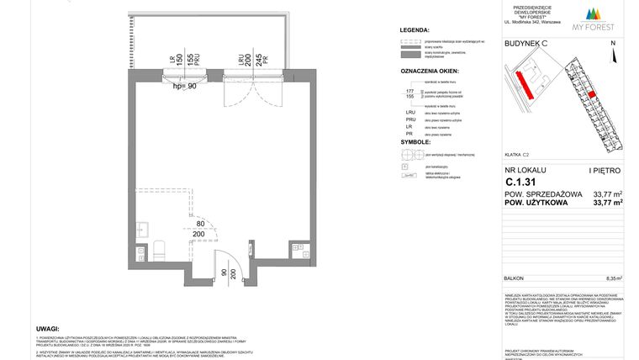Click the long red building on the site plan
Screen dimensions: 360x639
[524, 82]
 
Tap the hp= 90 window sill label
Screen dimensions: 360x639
[183, 85]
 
